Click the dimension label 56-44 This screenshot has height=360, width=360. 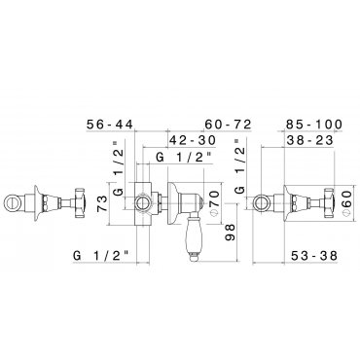pyautogui.click(x=110, y=124)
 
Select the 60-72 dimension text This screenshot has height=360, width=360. pyautogui.click(x=229, y=124)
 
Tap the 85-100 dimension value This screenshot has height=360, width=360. pyautogui.click(x=314, y=124)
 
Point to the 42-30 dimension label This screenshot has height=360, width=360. pyautogui.click(x=193, y=140)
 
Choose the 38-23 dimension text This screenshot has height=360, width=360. pyautogui.click(x=309, y=140)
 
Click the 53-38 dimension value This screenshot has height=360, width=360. pyautogui.click(x=314, y=256)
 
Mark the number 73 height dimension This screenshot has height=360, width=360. pyautogui.click(x=102, y=203)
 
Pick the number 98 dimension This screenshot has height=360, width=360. pyautogui.click(x=230, y=232)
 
